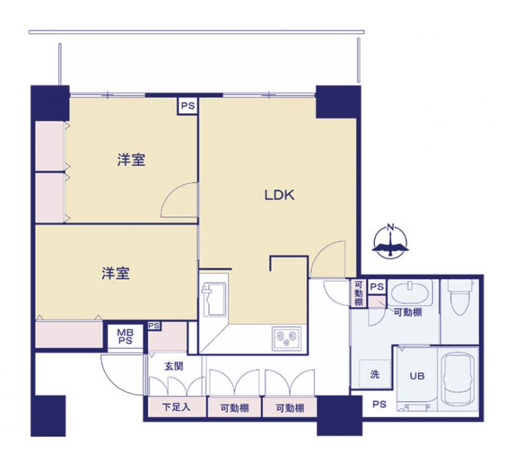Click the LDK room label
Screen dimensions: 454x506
pos(279,195)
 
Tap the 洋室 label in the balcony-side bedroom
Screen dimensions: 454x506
pos(131,159)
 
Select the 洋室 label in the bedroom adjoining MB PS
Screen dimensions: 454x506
pos(115,273)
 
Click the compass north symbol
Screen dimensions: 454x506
pos(391,241)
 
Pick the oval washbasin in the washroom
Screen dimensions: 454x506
pos(410,291)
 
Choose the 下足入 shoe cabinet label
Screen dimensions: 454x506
pos(176,408)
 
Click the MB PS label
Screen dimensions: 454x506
pos(125,337)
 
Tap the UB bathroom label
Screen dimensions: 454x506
pos(417,377)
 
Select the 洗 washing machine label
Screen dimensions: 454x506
pos(374,376)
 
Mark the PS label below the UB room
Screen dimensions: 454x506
pos(379,405)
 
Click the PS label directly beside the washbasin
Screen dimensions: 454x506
pos(376,287)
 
